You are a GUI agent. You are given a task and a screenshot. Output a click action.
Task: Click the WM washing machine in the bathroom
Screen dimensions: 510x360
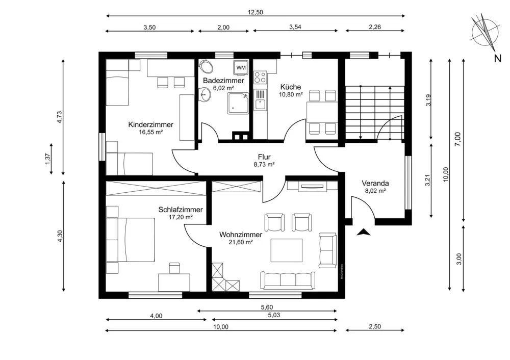click(x=241, y=67)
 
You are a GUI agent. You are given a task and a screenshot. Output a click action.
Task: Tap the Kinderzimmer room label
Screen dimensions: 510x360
click(x=150, y=124)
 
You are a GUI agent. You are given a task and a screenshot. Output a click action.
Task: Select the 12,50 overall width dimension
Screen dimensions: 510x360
click(x=256, y=12)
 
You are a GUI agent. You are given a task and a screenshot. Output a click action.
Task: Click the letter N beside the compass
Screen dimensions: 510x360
click(x=497, y=59)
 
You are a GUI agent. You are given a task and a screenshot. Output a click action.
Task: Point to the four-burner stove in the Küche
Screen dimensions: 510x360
click(x=260, y=78)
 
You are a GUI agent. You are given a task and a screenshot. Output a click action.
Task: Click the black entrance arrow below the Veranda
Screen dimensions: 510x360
click(x=364, y=232)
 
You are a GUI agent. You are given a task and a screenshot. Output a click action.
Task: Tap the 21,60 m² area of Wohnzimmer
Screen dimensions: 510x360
click(x=241, y=242)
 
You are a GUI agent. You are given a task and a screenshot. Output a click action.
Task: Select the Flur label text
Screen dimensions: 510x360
click(x=264, y=157)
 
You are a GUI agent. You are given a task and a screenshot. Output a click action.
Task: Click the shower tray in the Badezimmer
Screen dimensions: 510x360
click(x=238, y=103)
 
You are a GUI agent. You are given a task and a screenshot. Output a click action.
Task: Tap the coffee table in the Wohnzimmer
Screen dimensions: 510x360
click(x=286, y=250)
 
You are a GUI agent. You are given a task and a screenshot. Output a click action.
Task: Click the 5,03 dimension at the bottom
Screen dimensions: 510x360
click(x=274, y=315)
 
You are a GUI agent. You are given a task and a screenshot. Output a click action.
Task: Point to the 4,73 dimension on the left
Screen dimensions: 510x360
click(x=59, y=117)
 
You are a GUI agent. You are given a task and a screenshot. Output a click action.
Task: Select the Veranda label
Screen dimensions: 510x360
click(x=375, y=183)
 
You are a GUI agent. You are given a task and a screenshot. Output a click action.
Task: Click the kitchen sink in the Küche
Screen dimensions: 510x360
click(x=260, y=99)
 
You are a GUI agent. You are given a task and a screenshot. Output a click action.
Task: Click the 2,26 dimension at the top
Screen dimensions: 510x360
click(x=375, y=27)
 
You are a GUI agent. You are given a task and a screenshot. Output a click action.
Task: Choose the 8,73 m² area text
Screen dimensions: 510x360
click(x=264, y=165)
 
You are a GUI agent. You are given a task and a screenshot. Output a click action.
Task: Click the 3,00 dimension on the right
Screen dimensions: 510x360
click(x=459, y=259)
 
